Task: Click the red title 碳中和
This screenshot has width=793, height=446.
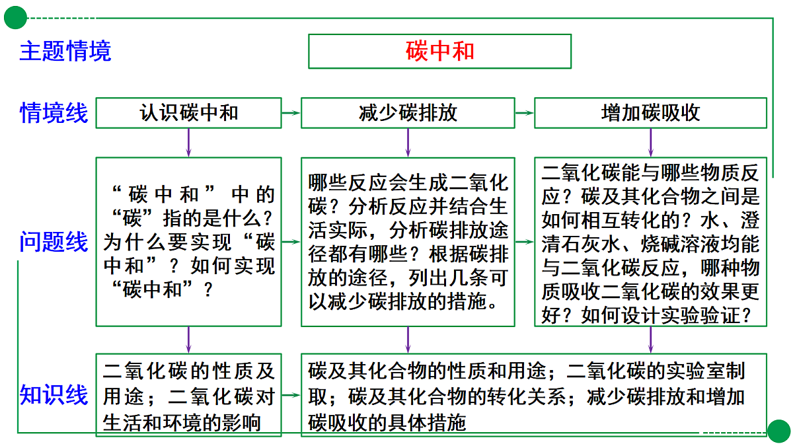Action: point(439,51)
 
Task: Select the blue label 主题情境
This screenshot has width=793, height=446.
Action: point(65,51)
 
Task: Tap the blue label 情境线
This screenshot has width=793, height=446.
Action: point(54,113)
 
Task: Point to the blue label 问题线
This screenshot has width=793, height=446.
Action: point(54,242)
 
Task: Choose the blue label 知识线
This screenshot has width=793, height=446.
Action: point(54,394)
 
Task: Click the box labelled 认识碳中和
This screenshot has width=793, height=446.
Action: point(189,113)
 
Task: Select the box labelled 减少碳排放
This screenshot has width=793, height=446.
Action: point(408,113)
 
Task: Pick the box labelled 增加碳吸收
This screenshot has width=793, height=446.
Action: point(651,113)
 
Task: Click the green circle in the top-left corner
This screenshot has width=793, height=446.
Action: point(16,18)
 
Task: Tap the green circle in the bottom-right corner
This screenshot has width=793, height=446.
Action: point(779,431)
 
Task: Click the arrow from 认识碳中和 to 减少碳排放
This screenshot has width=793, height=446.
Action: point(291,113)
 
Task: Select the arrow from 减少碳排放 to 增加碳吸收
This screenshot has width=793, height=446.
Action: point(524,113)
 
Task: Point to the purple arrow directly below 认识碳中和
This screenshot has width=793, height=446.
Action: point(189,143)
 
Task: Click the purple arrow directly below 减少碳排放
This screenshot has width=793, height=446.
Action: point(408,143)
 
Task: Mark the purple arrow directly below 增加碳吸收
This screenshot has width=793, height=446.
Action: point(651,143)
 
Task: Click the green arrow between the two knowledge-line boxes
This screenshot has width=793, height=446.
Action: point(291,395)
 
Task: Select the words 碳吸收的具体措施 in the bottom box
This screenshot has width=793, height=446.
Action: point(387,422)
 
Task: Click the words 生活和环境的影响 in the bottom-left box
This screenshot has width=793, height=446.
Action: point(182,423)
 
